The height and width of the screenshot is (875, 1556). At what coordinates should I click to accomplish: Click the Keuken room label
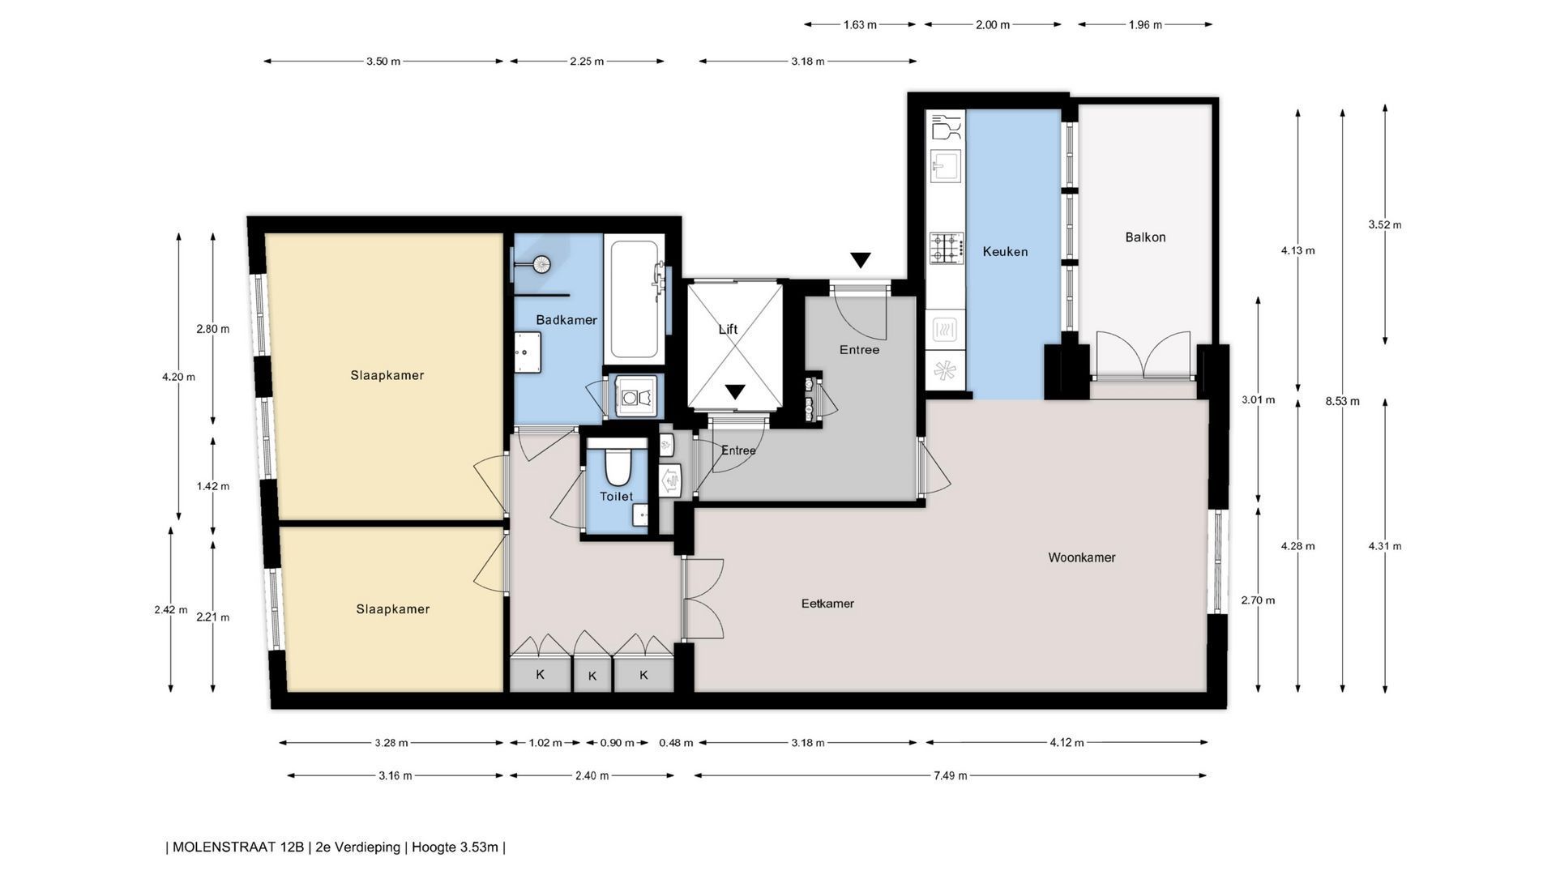pyautogui.click(x=1005, y=252)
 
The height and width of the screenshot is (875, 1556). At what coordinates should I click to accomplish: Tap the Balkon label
pyautogui.click(x=1145, y=237)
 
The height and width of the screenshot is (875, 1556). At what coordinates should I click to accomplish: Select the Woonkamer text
pyautogui.click(x=1082, y=557)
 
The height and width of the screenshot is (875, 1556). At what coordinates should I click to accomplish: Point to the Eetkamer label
pyautogui.click(x=827, y=604)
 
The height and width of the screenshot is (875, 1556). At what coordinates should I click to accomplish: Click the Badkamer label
pyautogui.click(x=566, y=320)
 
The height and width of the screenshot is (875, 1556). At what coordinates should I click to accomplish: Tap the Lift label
pyautogui.click(x=728, y=330)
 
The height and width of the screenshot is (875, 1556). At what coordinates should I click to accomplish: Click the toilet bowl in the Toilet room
pyautogui.click(x=618, y=466)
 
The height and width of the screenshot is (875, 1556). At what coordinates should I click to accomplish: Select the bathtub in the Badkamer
pyautogui.click(x=634, y=299)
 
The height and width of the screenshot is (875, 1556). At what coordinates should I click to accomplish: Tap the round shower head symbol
pyautogui.click(x=541, y=262)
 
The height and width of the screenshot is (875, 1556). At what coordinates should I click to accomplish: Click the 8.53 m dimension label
pyautogui.click(x=1343, y=401)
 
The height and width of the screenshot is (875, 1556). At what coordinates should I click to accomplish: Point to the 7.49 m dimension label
pyautogui.click(x=950, y=776)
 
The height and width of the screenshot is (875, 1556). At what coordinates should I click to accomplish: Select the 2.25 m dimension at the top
pyautogui.click(x=587, y=62)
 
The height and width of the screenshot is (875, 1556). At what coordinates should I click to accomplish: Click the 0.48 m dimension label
pyautogui.click(x=676, y=743)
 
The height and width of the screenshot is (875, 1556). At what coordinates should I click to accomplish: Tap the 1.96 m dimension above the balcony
pyautogui.click(x=1145, y=25)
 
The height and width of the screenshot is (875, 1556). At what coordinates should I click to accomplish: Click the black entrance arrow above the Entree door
pyautogui.click(x=861, y=260)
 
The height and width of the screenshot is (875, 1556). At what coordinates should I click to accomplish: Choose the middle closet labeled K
pyautogui.click(x=592, y=676)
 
